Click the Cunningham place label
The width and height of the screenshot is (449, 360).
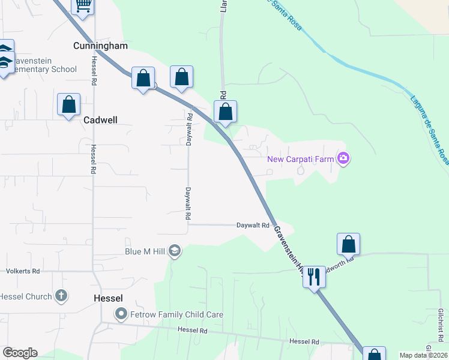(101, 46)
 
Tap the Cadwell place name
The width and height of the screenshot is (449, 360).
(100, 120)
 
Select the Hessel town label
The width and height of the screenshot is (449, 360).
(109, 298)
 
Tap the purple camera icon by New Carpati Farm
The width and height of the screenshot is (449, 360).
(343, 158)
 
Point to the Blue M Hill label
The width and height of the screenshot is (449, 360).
(145, 251)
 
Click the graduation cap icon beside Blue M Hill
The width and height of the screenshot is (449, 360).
(175, 250)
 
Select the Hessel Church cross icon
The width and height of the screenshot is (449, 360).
(61, 296)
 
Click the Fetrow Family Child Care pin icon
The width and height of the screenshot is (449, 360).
(121, 314)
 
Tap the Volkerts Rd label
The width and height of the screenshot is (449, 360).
(23, 271)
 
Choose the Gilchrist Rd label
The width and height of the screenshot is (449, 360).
(440, 322)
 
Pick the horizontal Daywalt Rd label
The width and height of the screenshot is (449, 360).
(252, 225)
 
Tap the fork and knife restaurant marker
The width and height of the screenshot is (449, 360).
(313, 277)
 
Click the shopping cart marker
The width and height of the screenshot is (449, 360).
(83, 5)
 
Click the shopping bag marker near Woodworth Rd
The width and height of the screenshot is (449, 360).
(348, 244)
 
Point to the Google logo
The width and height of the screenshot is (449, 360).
(20, 353)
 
